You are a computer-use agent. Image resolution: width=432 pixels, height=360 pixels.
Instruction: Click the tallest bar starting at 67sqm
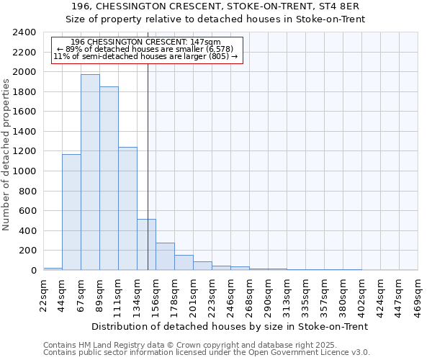[x=90, y=173]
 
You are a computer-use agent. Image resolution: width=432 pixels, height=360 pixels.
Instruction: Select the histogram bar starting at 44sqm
[x=71, y=212]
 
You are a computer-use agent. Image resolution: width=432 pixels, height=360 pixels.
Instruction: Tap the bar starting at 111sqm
[x=127, y=209]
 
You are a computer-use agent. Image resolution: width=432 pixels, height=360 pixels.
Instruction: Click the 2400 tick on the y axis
[x=26, y=32]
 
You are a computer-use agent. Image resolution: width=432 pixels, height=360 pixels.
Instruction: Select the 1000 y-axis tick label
[x=26, y=171]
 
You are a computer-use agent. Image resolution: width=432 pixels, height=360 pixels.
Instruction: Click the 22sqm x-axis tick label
[x=44, y=293]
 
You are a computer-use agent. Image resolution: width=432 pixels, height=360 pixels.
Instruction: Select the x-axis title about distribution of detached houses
[x=230, y=326]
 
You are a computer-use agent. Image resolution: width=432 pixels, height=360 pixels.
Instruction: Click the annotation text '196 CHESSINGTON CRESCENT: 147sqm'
[x=146, y=42]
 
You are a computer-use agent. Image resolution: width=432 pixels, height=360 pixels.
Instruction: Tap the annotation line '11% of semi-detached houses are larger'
[x=146, y=56]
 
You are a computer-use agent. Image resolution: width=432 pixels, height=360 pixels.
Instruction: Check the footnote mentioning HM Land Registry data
[x=194, y=345]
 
